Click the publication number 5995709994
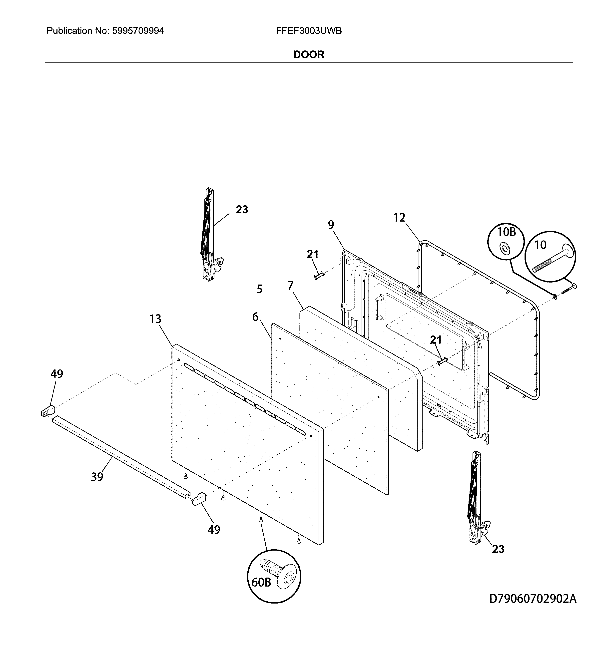(138, 31)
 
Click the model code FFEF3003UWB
(308, 31)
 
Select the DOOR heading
(309, 54)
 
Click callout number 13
(155, 319)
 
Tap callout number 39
(97, 477)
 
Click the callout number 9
(331, 225)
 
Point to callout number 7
(290, 286)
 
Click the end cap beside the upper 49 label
(48, 410)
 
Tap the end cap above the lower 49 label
(199, 499)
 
